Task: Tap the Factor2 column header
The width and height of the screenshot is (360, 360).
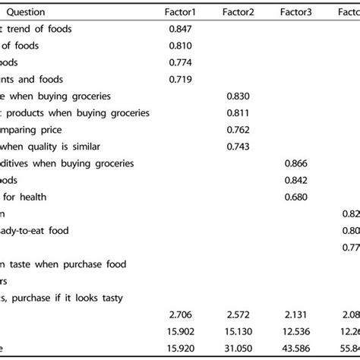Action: click(238, 12)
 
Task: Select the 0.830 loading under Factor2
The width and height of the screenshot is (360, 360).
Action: click(238, 96)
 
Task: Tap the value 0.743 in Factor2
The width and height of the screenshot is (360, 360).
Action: click(238, 147)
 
